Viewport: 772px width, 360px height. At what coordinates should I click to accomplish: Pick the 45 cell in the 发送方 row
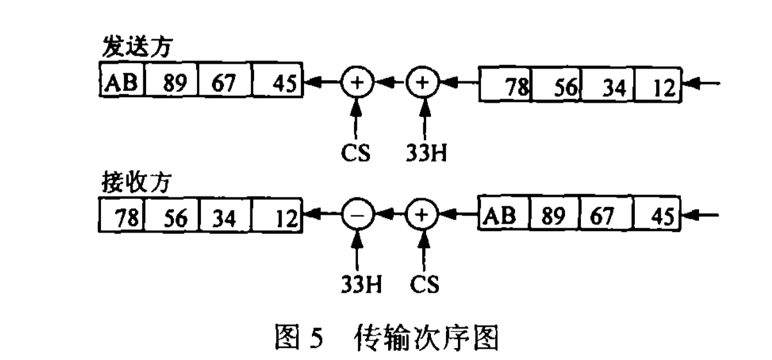click(x=277, y=83)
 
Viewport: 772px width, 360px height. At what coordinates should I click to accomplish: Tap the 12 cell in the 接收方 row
click(x=277, y=218)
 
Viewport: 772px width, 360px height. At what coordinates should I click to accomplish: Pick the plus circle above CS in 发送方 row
click(x=357, y=83)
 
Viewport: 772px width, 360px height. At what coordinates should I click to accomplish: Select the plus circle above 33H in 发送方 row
click(x=423, y=83)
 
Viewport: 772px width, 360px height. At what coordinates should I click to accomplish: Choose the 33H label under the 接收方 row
click(x=358, y=285)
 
